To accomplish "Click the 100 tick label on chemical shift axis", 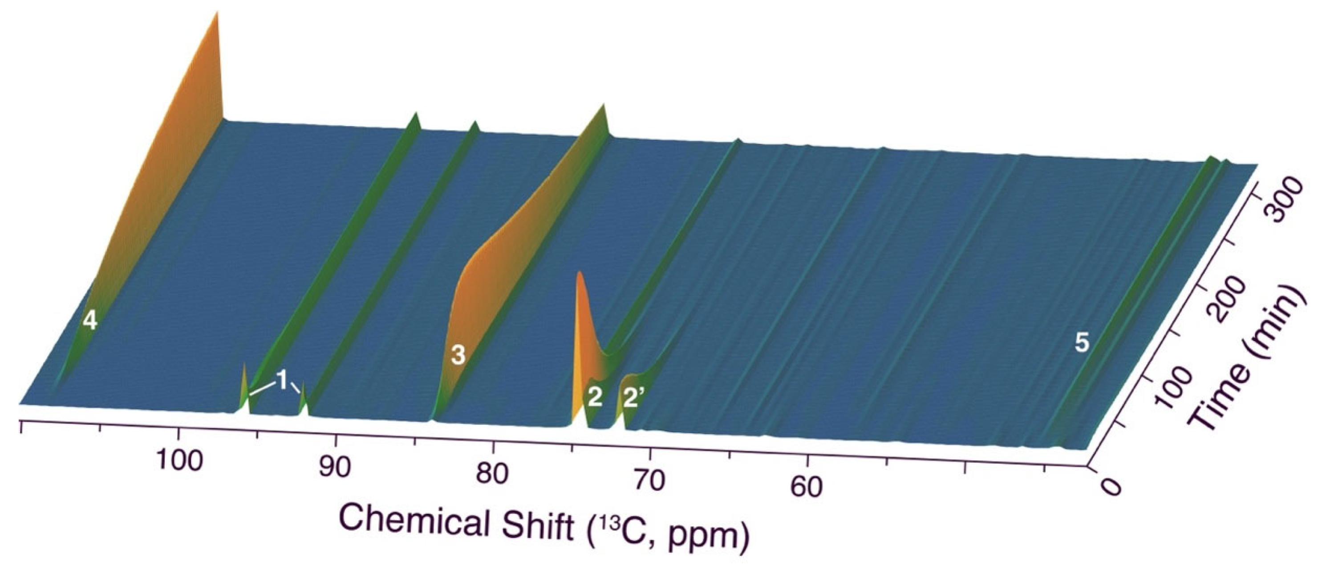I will [x=178, y=460].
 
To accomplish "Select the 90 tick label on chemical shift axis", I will [x=335, y=467].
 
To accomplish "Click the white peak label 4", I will [x=90, y=321].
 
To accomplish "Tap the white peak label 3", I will [x=458, y=355].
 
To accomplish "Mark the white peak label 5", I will [x=1082, y=343].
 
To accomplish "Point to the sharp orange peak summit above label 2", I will [x=579, y=273].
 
